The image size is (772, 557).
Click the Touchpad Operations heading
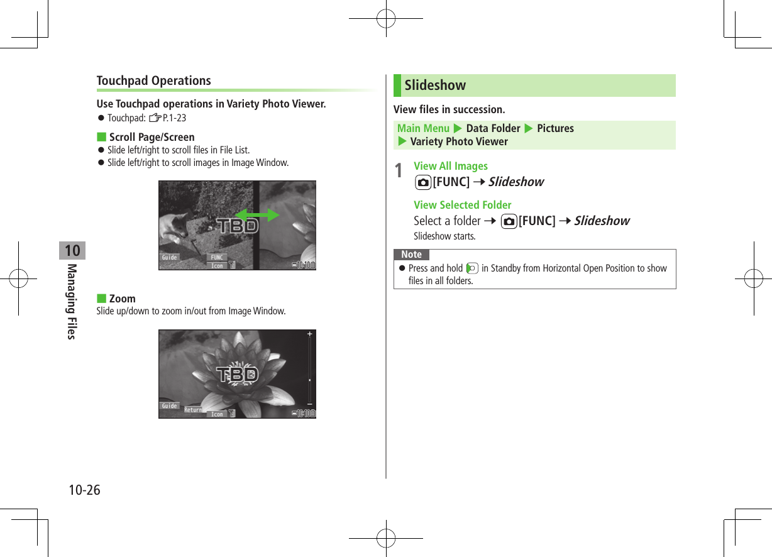(x=154, y=80)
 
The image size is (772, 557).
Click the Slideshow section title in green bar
(x=435, y=85)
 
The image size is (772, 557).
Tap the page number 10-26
(x=84, y=490)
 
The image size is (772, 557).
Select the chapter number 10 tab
(x=72, y=251)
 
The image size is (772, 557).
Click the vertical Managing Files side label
(x=72, y=302)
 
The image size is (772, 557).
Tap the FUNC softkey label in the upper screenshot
(x=218, y=257)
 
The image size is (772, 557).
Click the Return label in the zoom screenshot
(x=193, y=410)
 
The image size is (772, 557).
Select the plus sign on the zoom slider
(x=309, y=334)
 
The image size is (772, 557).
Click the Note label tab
(x=411, y=255)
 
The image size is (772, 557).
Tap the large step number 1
(x=398, y=171)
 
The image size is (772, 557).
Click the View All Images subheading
(x=450, y=166)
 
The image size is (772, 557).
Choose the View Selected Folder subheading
(x=462, y=205)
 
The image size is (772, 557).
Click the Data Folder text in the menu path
(x=493, y=128)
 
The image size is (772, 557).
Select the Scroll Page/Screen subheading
(x=152, y=137)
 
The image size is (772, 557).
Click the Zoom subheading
(x=122, y=299)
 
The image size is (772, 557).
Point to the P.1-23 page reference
(x=174, y=118)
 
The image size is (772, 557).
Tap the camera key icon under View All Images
(x=423, y=182)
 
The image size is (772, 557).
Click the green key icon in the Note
(x=471, y=268)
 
